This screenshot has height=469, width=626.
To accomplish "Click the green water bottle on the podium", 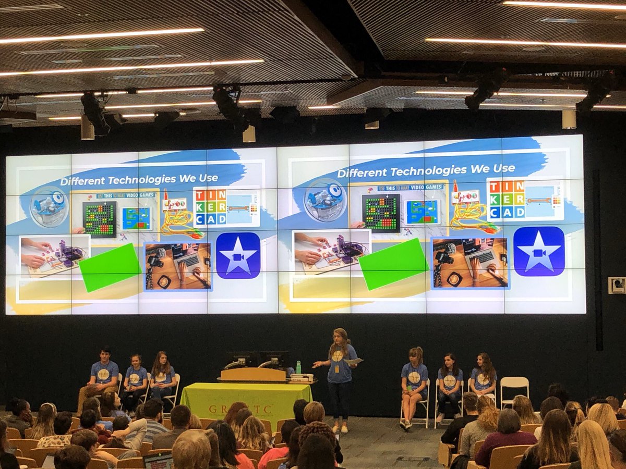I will tap(298, 367).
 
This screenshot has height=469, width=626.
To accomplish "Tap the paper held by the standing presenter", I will tap(353, 361).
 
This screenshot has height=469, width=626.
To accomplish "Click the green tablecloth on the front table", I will tap(245, 401).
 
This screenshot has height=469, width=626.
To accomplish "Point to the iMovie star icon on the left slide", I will tap(238, 255).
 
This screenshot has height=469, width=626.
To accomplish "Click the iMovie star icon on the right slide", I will tap(538, 251).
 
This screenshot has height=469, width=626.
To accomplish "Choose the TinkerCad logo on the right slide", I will tap(505, 199).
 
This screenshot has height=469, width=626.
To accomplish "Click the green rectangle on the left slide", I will tap(110, 266).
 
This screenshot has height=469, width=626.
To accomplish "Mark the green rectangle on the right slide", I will tap(394, 264).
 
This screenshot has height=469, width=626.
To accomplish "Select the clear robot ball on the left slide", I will tap(49, 206).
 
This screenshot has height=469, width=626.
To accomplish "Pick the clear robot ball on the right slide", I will tap(325, 200).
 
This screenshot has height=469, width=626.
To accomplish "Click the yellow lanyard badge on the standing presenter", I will tap(336, 368).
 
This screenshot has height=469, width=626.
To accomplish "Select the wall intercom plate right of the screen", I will tap(616, 285).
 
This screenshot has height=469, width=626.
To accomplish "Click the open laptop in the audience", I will tap(158, 460).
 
